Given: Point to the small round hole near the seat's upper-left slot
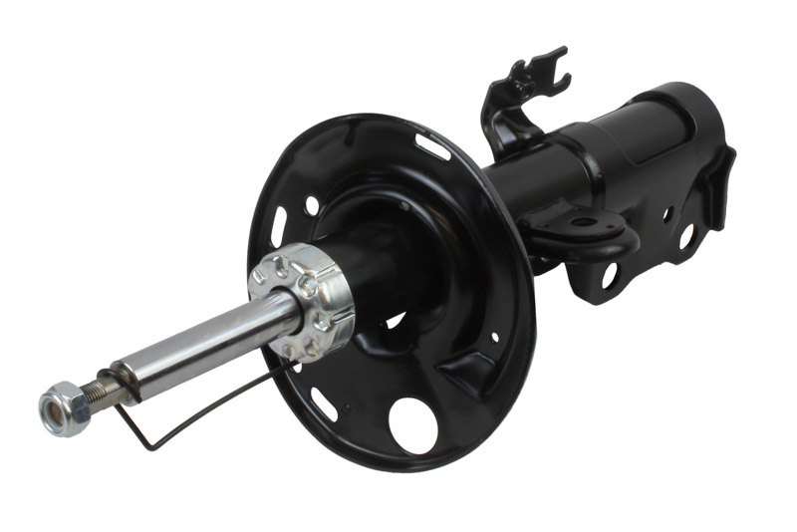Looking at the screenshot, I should pos(312,204).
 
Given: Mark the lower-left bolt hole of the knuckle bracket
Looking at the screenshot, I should pos(609,274).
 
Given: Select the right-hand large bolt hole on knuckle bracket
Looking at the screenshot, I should pos(686,236).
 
